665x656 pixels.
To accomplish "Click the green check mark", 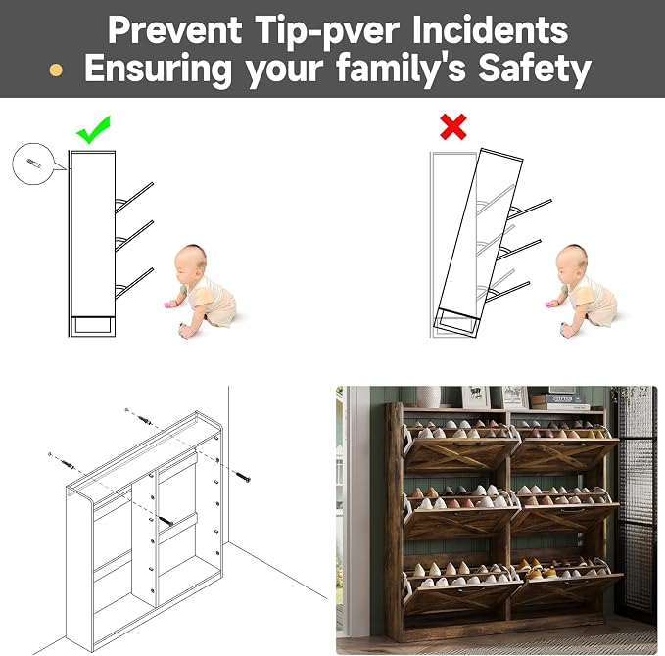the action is click(x=94, y=130).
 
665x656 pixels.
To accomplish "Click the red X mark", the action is click(x=453, y=126).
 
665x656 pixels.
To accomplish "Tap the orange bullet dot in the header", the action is click(x=56, y=70).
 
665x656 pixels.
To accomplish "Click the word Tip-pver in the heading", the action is click(x=328, y=30).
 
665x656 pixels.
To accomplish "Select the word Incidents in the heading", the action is click(x=490, y=29).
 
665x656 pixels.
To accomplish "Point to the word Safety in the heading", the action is click(x=535, y=69).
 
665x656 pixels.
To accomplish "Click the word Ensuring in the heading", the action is click(x=158, y=70).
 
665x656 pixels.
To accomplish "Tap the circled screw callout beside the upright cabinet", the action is click(x=34, y=164).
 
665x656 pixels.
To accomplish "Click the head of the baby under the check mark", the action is click(x=190, y=260).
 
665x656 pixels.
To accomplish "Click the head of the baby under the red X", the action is click(x=571, y=260).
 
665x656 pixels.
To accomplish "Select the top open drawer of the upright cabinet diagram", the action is click(x=134, y=197).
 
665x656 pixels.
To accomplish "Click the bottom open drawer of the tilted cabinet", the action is click(x=507, y=292).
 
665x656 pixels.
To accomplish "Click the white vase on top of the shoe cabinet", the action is click(x=428, y=397).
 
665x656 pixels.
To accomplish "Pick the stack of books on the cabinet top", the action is click(x=559, y=401).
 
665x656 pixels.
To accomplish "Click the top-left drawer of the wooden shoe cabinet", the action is click(x=461, y=454).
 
